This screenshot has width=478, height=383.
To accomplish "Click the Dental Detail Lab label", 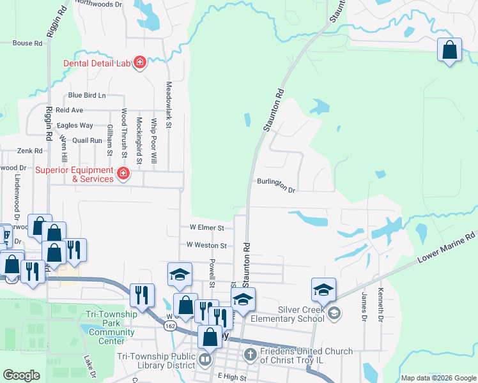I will point(96,63).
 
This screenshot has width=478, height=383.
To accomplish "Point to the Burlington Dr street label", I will point(277,185).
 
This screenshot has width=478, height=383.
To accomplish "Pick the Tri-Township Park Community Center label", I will point(112,327).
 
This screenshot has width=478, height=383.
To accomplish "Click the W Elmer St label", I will point(206,227).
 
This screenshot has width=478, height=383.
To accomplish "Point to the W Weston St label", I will point(206,245).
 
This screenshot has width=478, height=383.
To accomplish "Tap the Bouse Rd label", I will point(27,43).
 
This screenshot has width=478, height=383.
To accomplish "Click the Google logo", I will point(21,375).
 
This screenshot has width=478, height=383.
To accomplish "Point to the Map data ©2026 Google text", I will point(438,378).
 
